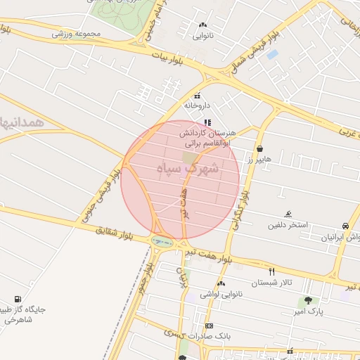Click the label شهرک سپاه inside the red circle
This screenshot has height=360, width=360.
(188, 169)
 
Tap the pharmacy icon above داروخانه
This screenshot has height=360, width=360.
(197, 96)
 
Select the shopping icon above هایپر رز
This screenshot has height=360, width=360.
(261, 149)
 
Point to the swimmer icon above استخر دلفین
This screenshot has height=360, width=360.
(288, 214)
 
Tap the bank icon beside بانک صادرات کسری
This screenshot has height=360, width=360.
(209, 326)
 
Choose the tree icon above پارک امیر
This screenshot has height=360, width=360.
(308, 300)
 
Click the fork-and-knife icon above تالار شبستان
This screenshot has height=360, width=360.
(271, 271)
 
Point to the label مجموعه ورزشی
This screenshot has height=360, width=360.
(77, 33)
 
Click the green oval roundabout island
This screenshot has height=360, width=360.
(160, 241)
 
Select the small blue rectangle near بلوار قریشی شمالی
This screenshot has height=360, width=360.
(272, 54)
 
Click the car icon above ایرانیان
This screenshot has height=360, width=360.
(345, 226)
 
